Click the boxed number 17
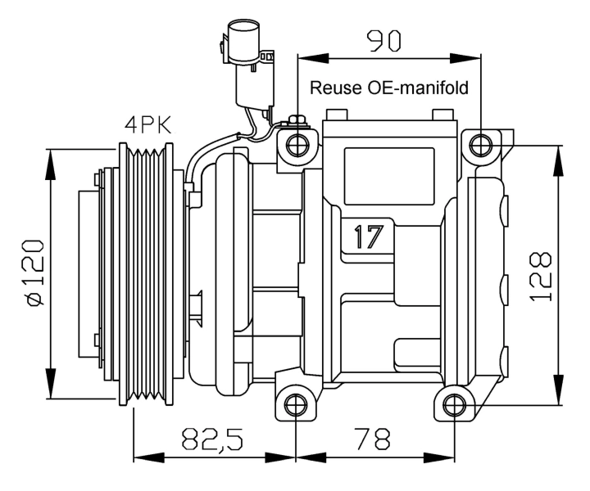(369, 236)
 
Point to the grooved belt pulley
(147, 274)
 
